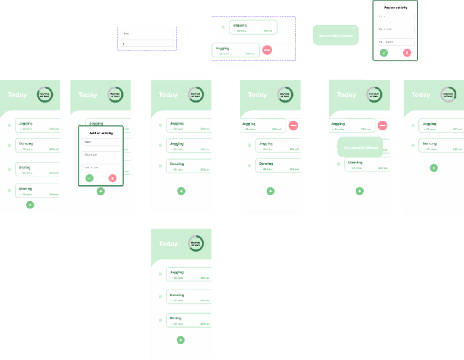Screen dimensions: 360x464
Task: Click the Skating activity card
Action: tap(38, 191)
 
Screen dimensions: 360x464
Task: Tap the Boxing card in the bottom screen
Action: tap(189, 320)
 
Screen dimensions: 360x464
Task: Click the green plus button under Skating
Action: tap(30, 205)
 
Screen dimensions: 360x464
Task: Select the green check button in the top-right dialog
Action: tap(383, 53)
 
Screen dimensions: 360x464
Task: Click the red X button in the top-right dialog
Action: tap(407, 53)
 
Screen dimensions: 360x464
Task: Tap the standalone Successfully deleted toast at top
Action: tap(335, 35)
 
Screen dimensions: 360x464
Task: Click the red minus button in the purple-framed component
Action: tap(267, 50)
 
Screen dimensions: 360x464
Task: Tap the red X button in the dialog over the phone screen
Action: tap(112, 178)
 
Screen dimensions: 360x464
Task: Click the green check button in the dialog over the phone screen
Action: tap(89, 178)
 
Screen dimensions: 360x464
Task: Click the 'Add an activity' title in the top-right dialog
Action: tap(395, 8)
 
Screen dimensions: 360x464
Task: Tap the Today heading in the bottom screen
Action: tap(168, 244)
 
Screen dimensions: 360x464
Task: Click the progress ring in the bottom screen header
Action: tap(196, 243)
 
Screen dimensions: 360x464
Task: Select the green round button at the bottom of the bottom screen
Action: tap(181, 340)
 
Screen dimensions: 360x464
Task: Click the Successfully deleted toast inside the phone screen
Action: tap(360, 147)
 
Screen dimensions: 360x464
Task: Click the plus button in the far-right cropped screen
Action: tap(434, 168)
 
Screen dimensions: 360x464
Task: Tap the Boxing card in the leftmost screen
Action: tap(38, 169)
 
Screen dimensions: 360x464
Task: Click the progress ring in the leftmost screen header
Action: tap(45, 95)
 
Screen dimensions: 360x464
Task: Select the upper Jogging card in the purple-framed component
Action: tap(253, 27)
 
